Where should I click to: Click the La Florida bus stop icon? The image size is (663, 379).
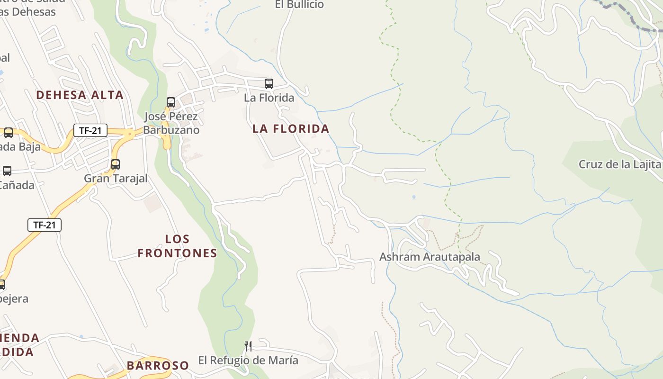[269, 84]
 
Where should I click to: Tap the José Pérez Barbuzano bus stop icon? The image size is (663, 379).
[171, 102]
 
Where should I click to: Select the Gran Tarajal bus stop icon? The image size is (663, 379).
[116, 164]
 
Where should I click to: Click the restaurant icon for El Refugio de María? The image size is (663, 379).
[248, 346]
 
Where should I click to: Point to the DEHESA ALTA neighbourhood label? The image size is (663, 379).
[80, 95]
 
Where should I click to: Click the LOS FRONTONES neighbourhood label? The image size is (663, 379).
[177, 246]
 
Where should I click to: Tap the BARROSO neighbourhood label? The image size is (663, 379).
[158, 365]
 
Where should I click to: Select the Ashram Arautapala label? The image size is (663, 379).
[430, 257]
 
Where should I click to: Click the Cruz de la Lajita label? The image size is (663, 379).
[619, 164]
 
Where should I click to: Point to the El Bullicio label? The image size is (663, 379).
[299, 5]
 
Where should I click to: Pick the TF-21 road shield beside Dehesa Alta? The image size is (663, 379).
[90, 130]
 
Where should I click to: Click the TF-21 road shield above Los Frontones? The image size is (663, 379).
[45, 225]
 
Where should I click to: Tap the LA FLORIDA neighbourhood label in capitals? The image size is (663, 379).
[291, 128]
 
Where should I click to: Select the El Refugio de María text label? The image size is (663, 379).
[248, 360]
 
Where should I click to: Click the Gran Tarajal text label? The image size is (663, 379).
[116, 178]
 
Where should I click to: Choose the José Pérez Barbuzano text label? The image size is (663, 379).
[171, 123]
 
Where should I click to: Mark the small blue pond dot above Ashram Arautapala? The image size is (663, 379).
[414, 197]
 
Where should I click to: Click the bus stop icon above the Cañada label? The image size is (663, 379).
[7, 171]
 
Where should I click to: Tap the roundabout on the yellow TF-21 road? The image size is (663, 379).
[129, 134]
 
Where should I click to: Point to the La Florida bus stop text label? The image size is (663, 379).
[269, 98]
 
